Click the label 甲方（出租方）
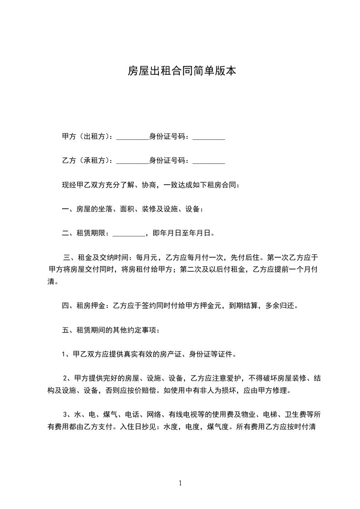pyautogui.click(x=88, y=137)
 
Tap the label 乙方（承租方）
pyautogui.click(x=88, y=161)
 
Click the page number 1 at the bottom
pyautogui.click(x=180, y=483)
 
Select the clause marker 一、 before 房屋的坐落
pyautogui.click(x=68, y=209)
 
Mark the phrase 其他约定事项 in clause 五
pyautogui.click(x=138, y=330)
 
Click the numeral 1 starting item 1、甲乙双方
pyautogui.click(x=64, y=354)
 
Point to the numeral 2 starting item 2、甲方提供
pyautogui.click(x=65, y=378)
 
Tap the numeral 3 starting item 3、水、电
pyautogui.click(x=65, y=414)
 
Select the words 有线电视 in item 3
pyautogui.click(x=183, y=414)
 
